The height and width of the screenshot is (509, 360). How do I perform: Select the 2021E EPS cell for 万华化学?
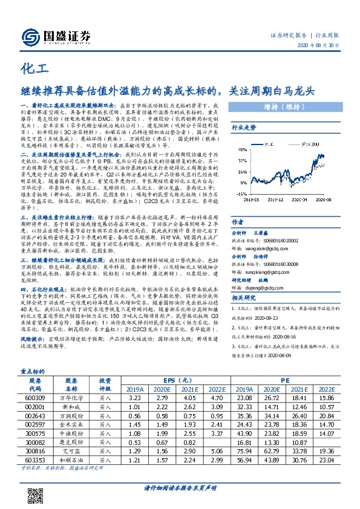pos(177,398)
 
